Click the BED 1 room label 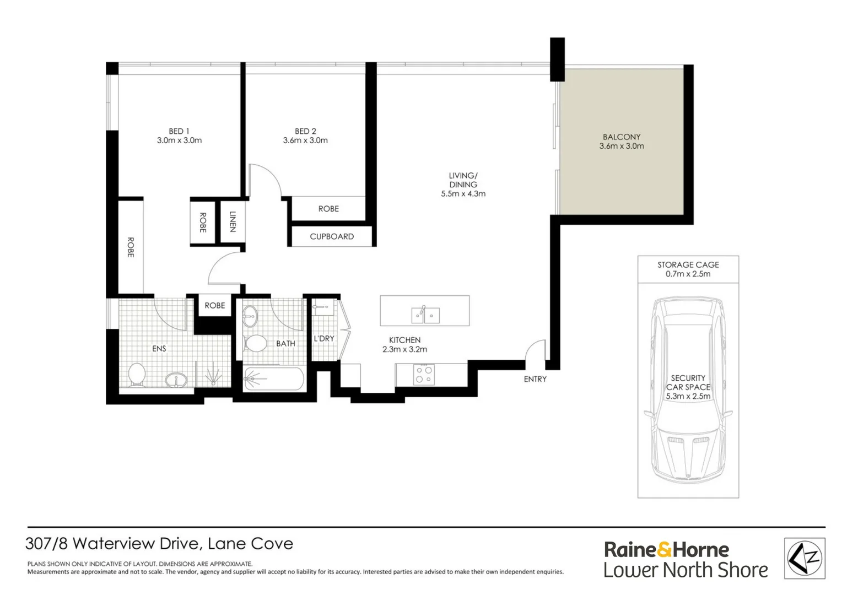tap(179, 131)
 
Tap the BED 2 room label tap(305, 131)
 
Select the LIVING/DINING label tap(463, 180)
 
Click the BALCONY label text tap(622, 137)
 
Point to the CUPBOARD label tap(332, 236)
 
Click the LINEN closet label tap(233, 221)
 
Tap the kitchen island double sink tap(425, 315)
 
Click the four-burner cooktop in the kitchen tap(424, 375)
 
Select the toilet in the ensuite tap(136, 375)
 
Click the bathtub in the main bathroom tap(274, 379)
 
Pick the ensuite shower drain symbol tap(213, 377)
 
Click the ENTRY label tap(535, 379)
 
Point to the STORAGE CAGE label tap(688, 264)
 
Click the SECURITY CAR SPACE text tap(688, 382)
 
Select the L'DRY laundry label tap(324, 338)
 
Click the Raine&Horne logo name tap(666, 550)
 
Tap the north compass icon tap(805, 558)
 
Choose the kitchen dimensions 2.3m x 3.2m tap(404, 349)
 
